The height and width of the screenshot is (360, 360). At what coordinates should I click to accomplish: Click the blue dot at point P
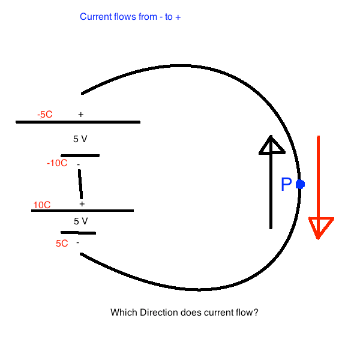click(300, 184)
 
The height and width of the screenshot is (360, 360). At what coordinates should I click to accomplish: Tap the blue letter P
click(286, 185)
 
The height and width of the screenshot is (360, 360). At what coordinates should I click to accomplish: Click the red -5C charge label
click(44, 114)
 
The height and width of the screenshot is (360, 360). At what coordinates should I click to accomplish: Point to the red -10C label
click(57, 163)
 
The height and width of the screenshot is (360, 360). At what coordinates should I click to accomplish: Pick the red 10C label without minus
click(42, 205)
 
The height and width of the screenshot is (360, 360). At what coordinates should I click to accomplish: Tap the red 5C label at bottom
click(61, 244)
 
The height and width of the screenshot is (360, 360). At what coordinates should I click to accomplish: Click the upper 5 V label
click(80, 139)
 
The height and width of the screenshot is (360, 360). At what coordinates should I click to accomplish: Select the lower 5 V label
click(81, 221)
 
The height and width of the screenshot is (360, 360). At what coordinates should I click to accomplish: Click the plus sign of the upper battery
click(80, 114)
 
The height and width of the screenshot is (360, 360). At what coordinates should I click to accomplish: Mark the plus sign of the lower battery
click(82, 204)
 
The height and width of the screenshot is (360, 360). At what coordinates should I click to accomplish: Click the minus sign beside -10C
click(78, 164)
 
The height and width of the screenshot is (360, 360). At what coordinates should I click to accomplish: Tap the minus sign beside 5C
click(77, 243)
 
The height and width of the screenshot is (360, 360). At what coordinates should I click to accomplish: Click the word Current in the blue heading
click(95, 17)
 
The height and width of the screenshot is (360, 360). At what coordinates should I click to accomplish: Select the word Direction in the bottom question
click(158, 313)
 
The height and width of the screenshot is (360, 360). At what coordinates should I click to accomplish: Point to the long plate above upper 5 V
click(78, 122)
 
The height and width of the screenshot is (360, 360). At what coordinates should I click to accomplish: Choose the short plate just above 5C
click(78, 232)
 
